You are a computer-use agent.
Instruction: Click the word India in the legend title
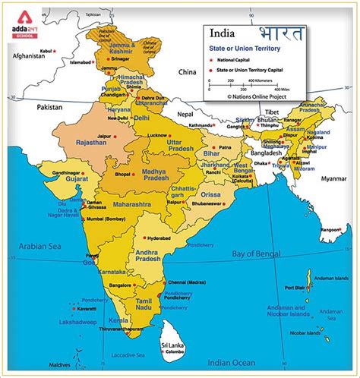223,34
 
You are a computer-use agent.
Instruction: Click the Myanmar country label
333,178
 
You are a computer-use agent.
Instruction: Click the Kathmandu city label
202,125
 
